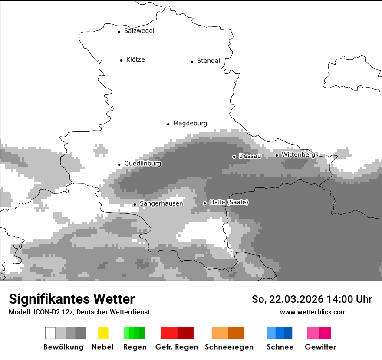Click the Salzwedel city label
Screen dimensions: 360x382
tap(139, 31)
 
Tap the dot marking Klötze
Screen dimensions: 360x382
tap(121, 60)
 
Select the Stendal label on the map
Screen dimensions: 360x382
tap(208, 61)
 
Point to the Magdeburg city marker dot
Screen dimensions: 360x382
tap(168, 124)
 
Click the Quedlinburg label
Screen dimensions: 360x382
tap(142, 164)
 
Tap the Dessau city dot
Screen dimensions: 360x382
tap(234, 157)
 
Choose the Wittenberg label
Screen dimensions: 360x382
tap(298, 154)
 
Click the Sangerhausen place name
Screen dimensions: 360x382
tap(161, 203)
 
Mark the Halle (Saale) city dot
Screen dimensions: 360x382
tap(204, 203)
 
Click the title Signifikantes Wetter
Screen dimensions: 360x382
tap(72, 299)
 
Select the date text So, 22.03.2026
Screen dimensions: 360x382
tap(286, 299)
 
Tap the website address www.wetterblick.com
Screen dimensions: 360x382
tap(313, 312)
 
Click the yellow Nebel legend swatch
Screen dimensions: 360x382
tap(103, 333)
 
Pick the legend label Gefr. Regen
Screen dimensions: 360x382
tap(177, 347)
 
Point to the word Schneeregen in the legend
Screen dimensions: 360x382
tap(229, 347)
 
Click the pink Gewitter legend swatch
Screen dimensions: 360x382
tap(319, 333)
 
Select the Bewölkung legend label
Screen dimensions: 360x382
tap(63, 347)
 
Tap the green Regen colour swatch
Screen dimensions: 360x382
tap(134, 333)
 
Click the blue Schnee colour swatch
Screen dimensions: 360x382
tap(280, 333)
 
